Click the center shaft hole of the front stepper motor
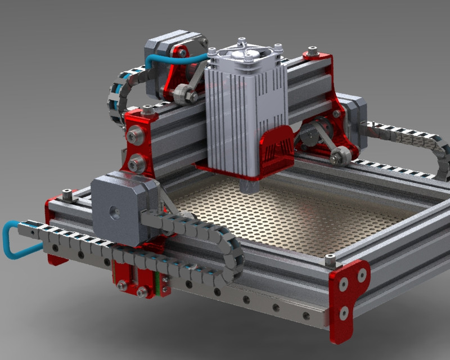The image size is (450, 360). (115, 213)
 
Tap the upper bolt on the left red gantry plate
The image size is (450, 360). (134, 135)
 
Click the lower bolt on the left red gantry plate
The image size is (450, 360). (134, 164)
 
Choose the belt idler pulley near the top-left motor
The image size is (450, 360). (182, 94)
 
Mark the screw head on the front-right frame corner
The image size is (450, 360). (330, 259)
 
